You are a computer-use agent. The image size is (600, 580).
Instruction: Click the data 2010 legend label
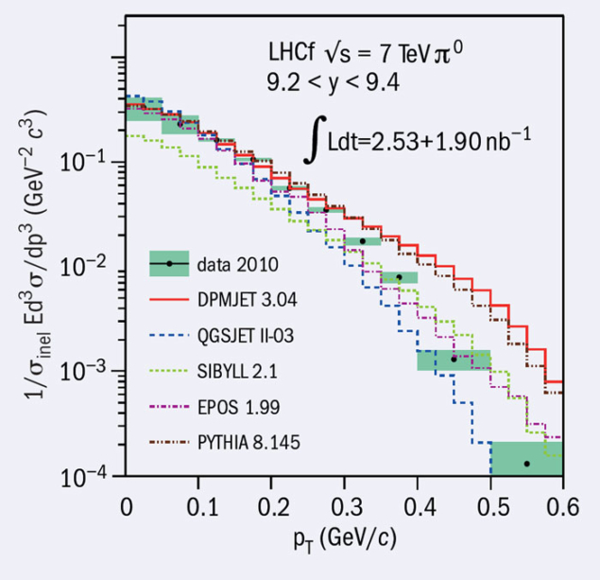pyautogui.click(x=236, y=264)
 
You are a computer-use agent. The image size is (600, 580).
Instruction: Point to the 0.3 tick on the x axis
pyautogui.click(x=344, y=507)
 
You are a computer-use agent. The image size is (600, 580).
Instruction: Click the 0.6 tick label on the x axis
pyautogui.click(x=562, y=507)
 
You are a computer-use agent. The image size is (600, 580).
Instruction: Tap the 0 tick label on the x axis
pyautogui.click(x=125, y=507)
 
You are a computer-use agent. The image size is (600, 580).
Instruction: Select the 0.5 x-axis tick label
pyautogui.click(x=489, y=507)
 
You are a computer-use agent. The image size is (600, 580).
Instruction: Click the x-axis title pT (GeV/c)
pyautogui.click(x=344, y=541)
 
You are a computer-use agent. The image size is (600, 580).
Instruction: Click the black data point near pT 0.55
pyautogui.click(x=526, y=464)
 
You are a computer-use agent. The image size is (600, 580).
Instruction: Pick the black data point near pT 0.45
pyautogui.click(x=454, y=360)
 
